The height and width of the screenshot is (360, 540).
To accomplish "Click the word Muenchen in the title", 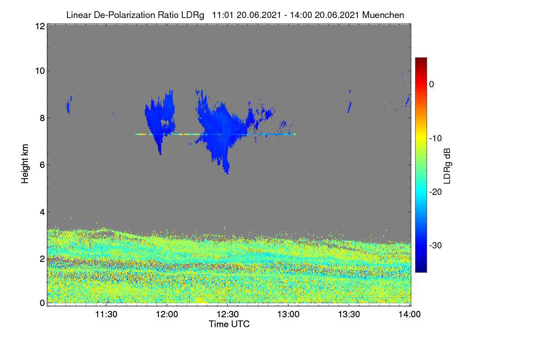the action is click(x=383, y=15).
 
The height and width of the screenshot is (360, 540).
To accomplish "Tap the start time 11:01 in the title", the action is click(x=223, y=15).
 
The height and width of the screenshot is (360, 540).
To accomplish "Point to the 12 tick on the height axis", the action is click(x=40, y=26).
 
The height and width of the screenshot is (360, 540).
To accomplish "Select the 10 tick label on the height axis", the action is click(x=40, y=71).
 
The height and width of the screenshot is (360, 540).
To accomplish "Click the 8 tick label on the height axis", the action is click(x=42, y=118).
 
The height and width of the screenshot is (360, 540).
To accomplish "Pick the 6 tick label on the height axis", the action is click(x=42, y=165).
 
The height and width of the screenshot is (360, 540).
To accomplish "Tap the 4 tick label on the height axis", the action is click(x=42, y=212).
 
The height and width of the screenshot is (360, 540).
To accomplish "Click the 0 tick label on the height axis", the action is click(x=42, y=303).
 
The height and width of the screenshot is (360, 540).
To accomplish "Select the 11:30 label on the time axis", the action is click(x=106, y=314).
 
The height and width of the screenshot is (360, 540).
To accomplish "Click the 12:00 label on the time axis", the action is click(x=167, y=314).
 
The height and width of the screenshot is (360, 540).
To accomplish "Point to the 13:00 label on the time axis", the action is click(x=288, y=314).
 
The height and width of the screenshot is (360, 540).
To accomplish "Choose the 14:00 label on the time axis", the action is click(x=409, y=314).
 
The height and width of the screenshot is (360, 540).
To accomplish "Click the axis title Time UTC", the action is click(x=229, y=324).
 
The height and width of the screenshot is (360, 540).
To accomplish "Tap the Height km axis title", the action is click(x=25, y=164).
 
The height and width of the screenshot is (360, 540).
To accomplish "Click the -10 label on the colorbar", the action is click(x=436, y=139).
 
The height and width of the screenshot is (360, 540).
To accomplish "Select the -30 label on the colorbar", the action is click(x=436, y=245).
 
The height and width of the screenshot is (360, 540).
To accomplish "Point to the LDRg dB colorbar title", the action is click(x=447, y=166).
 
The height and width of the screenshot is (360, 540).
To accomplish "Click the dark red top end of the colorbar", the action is click(x=421, y=58).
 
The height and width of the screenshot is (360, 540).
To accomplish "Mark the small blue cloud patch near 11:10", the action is click(x=69, y=105).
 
